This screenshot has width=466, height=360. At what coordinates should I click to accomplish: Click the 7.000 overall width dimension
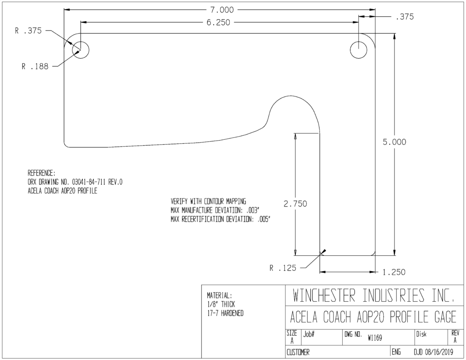222,10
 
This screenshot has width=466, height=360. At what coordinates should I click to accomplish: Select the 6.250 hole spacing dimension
218,23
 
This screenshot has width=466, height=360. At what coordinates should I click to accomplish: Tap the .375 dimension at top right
405,17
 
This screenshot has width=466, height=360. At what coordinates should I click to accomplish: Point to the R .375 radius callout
29,30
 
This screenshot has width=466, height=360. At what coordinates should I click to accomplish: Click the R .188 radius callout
35,66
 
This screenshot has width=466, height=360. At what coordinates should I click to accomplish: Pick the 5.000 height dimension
395,142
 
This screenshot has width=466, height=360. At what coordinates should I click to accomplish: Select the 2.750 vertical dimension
295,204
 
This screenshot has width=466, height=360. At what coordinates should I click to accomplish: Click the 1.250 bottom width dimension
394,272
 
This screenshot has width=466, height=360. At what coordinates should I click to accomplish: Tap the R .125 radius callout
283,268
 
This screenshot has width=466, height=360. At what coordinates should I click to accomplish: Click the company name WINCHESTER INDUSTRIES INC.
374,295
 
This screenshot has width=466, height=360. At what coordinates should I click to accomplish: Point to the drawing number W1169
375,338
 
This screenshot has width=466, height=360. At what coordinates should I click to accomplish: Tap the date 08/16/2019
439,353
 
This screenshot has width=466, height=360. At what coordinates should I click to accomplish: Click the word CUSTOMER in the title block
298,353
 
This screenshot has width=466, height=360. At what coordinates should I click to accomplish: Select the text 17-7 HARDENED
225,313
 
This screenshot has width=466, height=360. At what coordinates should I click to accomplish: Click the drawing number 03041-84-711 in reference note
89,182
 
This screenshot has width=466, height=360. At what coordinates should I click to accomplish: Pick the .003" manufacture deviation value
253,210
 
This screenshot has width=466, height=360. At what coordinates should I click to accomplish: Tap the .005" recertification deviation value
263,219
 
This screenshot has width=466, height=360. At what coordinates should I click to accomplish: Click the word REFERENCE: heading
41,173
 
